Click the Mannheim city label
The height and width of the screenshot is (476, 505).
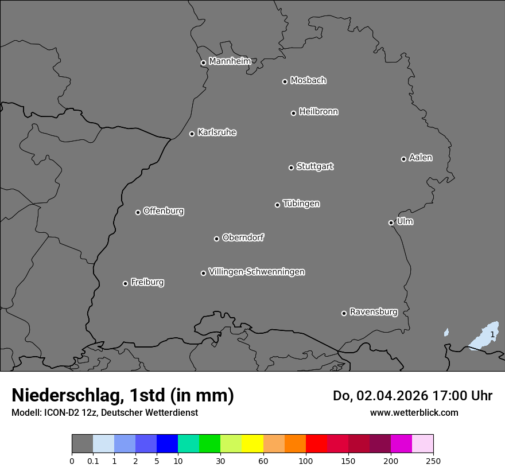230,61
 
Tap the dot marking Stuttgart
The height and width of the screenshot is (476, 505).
291,167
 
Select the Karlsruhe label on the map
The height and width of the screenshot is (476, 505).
217,132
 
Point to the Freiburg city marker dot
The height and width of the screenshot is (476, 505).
125,283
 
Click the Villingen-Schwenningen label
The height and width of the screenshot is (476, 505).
257,272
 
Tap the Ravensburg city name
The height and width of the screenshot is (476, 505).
374,312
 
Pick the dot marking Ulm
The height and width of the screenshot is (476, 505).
391,223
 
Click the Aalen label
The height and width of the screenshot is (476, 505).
421,158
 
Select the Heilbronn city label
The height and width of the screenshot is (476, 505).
318,112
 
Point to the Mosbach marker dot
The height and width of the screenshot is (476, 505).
285,81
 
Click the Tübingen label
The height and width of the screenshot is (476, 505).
301,204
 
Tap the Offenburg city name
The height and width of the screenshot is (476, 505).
164,211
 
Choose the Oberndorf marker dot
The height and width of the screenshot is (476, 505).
216,239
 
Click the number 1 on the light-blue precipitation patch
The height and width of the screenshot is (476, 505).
492,334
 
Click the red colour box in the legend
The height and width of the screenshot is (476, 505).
316,444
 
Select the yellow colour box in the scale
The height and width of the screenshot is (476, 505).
252,444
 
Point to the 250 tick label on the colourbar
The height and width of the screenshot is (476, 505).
433,461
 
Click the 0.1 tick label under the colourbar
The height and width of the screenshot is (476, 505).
93,461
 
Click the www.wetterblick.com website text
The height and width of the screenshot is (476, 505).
414,412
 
